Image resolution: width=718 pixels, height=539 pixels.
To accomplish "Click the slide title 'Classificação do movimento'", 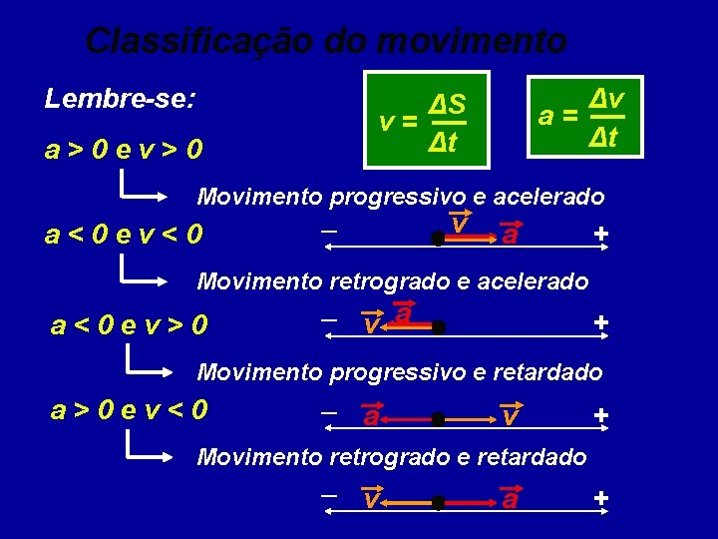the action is tap(326, 41).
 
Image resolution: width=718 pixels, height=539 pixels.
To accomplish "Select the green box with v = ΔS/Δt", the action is tap(427, 120).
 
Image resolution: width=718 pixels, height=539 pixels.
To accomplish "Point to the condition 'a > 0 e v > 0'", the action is tap(125, 150).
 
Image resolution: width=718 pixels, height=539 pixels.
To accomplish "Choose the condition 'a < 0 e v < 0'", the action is tap(125, 236).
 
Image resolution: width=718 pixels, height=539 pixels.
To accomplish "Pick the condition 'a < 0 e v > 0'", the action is tap(130, 324).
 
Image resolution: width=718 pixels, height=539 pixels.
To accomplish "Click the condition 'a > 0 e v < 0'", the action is tap(130, 409).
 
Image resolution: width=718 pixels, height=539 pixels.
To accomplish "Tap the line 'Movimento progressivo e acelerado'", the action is tap(401, 196).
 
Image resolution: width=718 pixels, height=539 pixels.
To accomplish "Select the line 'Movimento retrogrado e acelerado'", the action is tap(393, 281).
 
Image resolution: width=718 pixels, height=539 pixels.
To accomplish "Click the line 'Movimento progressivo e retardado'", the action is tap(400, 372).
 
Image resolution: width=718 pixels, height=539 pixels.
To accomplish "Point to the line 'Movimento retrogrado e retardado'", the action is tap(392, 457).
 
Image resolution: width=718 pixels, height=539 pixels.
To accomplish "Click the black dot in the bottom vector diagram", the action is tap(438, 502).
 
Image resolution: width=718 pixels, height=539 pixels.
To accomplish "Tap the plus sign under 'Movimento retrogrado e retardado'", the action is tap(600, 497).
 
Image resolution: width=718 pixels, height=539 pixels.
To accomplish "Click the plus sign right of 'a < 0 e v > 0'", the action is tap(600, 322).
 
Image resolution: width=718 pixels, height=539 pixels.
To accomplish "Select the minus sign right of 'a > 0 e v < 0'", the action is tap(327, 411).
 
